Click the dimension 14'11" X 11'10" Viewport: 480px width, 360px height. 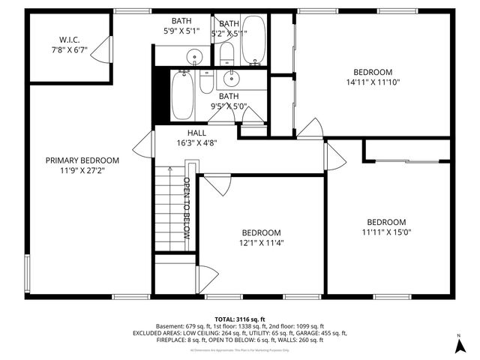pyautogui.click(x=373, y=82)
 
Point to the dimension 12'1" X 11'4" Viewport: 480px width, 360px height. pyautogui.click(x=261, y=242)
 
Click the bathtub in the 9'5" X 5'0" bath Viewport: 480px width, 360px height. pyautogui.click(x=182, y=95)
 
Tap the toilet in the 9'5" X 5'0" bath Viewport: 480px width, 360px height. pyautogui.click(x=207, y=82)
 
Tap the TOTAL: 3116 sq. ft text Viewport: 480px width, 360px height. pyautogui.click(x=239, y=318)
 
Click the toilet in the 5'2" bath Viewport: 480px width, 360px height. pyautogui.click(x=226, y=52)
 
